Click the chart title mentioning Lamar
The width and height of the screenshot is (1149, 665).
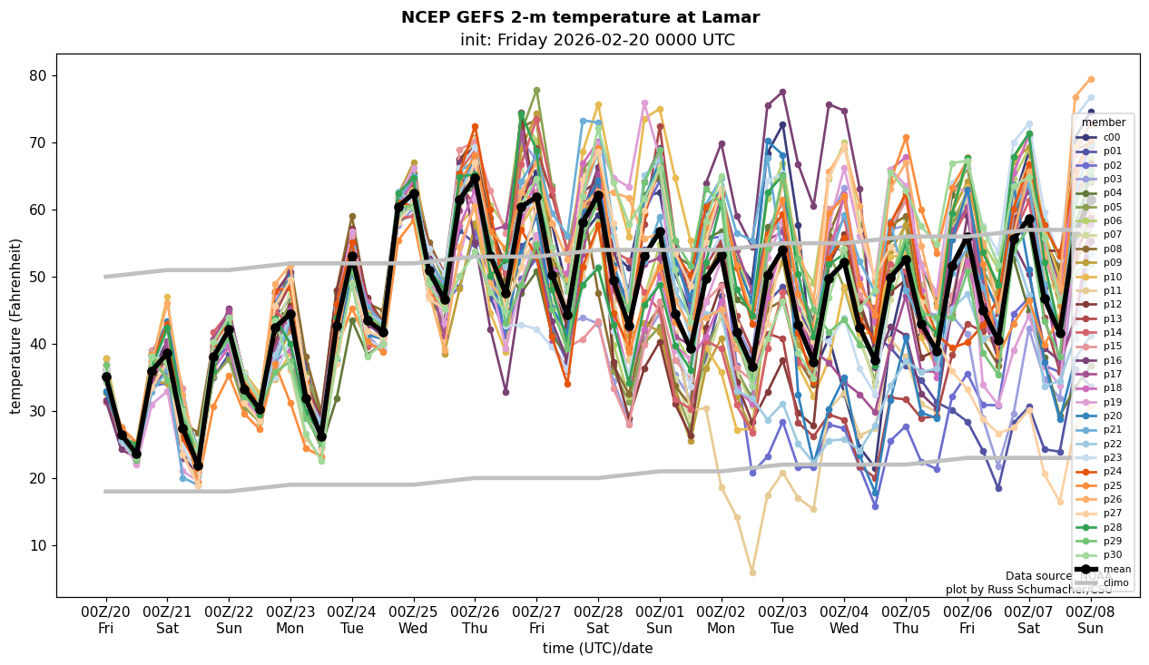point(580,17)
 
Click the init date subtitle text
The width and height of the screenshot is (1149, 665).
point(597,40)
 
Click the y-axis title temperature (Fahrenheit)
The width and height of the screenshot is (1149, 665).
point(16,326)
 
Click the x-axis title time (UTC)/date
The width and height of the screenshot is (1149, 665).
point(597,648)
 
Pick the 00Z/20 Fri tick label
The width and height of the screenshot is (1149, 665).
point(106,620)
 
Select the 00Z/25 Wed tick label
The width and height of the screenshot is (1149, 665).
point(414,620)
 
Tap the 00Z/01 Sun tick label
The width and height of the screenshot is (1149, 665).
point(660,620)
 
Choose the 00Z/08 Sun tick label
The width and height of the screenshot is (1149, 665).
point(1091,620)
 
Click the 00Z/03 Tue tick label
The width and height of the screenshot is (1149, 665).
point(782,620)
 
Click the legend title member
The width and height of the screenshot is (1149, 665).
point(1104,122)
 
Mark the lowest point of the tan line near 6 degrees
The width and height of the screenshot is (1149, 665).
point(752,572)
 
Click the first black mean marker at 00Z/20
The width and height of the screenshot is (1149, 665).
point(106,377)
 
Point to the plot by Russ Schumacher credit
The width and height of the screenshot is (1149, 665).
point(1028,590)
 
